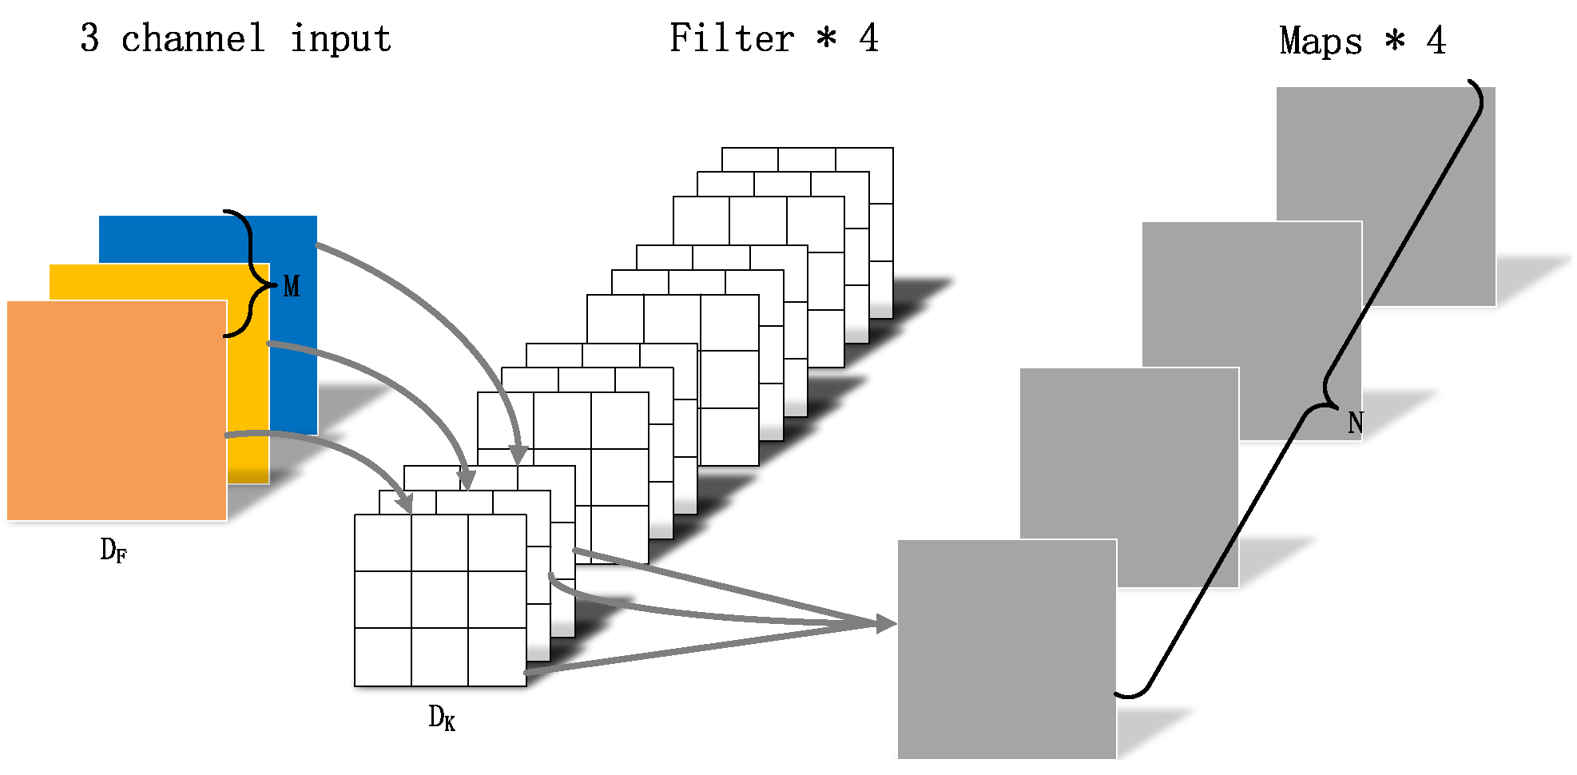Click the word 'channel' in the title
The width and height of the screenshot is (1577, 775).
(x=192, y=38)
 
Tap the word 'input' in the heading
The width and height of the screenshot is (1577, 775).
(x=340, y=38)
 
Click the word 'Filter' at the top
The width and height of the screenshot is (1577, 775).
(x=731, y=38)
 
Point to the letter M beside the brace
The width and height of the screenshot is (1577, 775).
(x=292, y=286)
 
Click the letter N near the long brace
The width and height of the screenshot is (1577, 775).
(x=1355, y=423)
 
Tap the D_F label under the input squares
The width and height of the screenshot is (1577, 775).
(x=113, y=550)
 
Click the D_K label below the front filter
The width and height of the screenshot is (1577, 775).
(x=442, y=717)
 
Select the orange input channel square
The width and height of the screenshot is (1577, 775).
(x=117, y=411)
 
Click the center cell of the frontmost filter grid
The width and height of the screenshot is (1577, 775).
(x=439, y=600)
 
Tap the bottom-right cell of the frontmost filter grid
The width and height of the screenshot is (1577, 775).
(x=497, y=657)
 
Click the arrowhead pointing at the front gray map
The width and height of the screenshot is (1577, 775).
(x=886, y=624)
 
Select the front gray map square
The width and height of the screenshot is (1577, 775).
(x=1007, y=649)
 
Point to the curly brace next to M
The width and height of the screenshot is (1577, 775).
(x=249, y=273)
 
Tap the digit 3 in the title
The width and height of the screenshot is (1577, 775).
(x=89, y=38)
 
